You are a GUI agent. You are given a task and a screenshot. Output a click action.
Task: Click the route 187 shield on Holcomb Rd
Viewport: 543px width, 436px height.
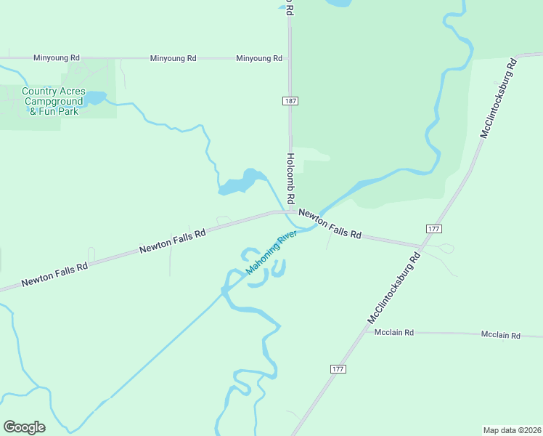coord(290,101)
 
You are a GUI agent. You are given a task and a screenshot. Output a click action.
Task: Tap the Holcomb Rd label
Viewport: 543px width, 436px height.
coord(290,178)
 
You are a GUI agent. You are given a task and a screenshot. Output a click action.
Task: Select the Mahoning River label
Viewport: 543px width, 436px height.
coord(271,253)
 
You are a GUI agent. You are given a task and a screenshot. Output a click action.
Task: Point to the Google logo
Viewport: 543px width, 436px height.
coord(24,427)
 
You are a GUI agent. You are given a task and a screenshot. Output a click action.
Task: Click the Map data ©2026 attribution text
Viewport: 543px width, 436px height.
coord(512,429)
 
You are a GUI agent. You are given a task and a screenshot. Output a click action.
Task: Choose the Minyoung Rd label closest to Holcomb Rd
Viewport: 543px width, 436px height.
coord(259,58)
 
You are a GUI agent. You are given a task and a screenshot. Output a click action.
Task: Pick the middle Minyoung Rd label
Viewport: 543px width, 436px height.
coord(173,58)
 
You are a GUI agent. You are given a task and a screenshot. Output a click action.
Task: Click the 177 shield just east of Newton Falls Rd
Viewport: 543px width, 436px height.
coord(434,229)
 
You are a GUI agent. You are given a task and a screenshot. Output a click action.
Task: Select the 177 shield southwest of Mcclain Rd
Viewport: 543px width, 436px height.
coord(338,369)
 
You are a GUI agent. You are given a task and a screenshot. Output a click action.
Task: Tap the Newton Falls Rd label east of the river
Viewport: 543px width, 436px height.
coord(330,224)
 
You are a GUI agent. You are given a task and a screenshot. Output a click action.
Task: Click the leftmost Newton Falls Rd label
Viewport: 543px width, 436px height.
coord(54,274)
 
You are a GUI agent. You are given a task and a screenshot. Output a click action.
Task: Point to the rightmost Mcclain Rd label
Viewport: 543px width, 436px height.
coord(501,335)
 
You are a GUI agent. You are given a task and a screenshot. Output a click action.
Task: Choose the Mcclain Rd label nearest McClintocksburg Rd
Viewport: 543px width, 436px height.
coord(393,332)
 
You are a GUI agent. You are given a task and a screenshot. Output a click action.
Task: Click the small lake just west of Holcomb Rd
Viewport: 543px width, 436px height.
coord(238,183)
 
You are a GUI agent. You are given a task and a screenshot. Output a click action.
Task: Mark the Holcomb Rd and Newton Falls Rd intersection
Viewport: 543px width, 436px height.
coord(290,211)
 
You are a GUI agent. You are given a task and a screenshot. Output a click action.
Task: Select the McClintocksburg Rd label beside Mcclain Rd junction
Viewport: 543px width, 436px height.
coord(394,288)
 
